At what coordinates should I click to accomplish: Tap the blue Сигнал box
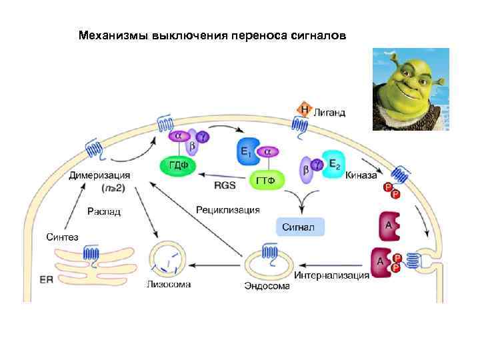pos(300,227)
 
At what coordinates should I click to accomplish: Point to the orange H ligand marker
pos(304,109)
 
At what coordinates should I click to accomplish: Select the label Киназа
pos(362,177)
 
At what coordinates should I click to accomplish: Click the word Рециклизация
pos(227,209)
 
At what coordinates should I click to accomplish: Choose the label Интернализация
pos(331,275)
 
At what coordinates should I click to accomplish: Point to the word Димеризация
pos(99,175)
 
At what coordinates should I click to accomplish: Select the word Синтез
pos(61,237)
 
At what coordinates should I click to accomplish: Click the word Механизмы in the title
pos(113,34)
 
